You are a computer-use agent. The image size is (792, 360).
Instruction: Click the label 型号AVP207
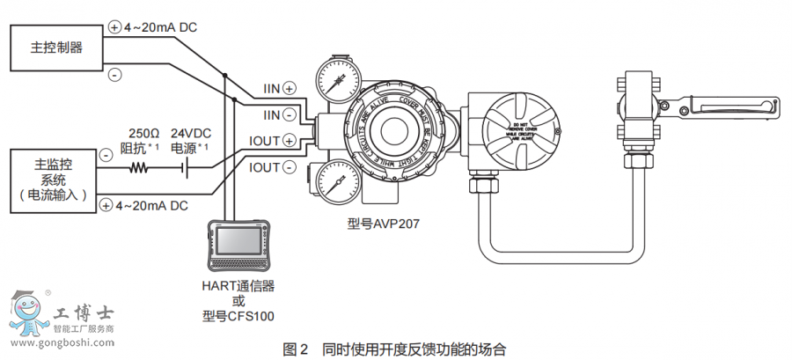click(382, 224)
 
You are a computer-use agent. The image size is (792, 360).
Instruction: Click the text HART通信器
click(238, 285)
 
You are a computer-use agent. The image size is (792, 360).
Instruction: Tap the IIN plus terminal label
click(279, 88)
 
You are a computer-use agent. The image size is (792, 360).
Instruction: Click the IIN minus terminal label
click(279, 114)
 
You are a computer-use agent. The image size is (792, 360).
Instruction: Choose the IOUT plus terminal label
click(276, 140)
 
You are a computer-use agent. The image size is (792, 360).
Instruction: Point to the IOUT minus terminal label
click(276, 167)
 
